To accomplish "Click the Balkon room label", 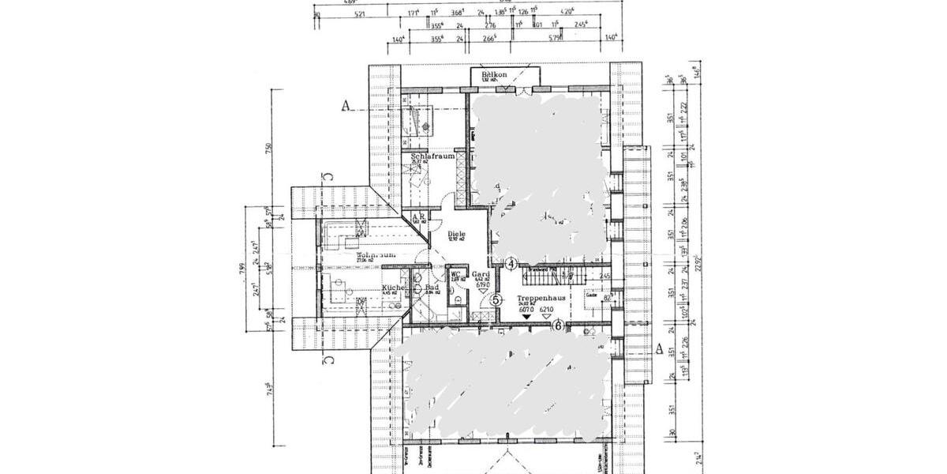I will point(505,75).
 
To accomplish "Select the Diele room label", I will point(456,235).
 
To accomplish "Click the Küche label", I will point(394,288).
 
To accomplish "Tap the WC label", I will point(455,275).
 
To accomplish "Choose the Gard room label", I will point(481,275).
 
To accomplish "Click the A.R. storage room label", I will point(418,216).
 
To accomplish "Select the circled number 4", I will point(511,263).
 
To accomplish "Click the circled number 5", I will point(496,299).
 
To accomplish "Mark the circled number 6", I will point(557,325).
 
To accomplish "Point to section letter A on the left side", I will point(345,104).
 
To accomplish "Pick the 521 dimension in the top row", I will point(359,14).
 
